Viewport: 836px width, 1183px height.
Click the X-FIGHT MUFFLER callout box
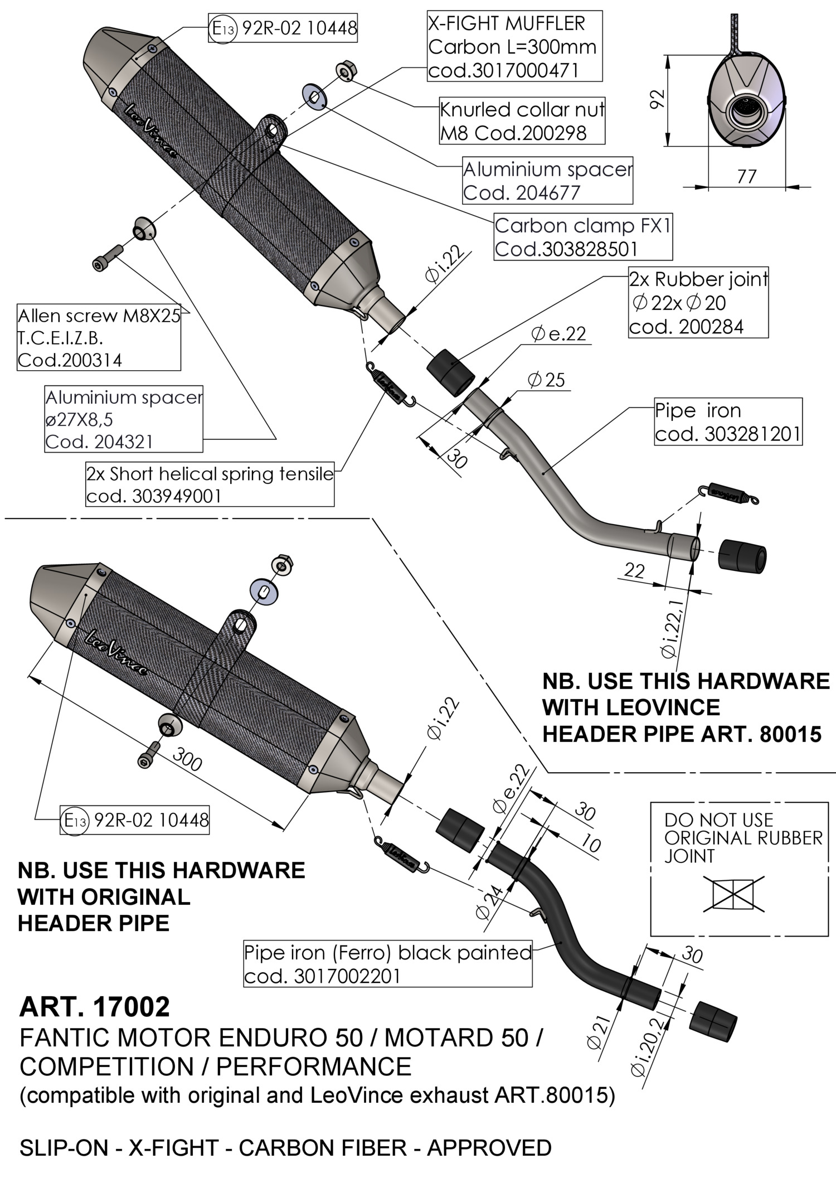click(x=514, y=47)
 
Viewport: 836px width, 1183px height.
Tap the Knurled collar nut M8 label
click(x=522, y=121)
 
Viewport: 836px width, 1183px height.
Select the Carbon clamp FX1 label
click(x=583, y=237)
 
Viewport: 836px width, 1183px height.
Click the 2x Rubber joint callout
click(x=698, y=302)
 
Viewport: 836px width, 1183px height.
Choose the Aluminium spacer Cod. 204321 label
click(x=124, y=419)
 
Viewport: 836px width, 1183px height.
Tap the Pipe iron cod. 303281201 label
click(x=728, y=422)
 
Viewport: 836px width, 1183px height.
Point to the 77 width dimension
click(x=746, y=176)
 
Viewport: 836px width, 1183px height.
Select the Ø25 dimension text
click(x=546, y=380)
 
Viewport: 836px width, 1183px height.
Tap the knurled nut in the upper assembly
click(x=346, y=70)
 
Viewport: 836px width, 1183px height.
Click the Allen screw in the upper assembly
click(x=106, y=258)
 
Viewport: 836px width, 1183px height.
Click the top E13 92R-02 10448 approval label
click(x=283, y=28)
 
